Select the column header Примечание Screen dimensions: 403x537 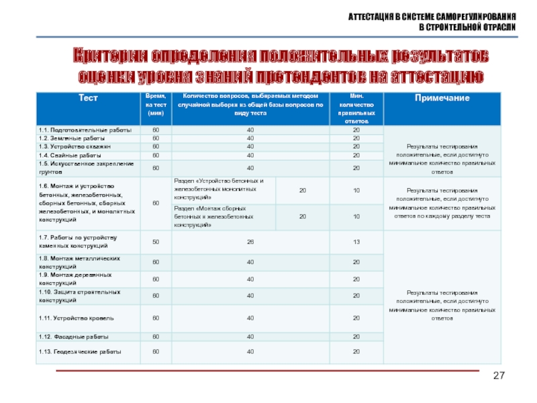coord(442,99)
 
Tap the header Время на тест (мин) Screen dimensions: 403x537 coord(155,106)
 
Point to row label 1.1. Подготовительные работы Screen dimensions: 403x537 coord(76,130)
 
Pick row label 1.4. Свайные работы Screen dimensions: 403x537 coord(66,155)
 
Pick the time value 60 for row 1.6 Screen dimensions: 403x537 coord(156,203)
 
